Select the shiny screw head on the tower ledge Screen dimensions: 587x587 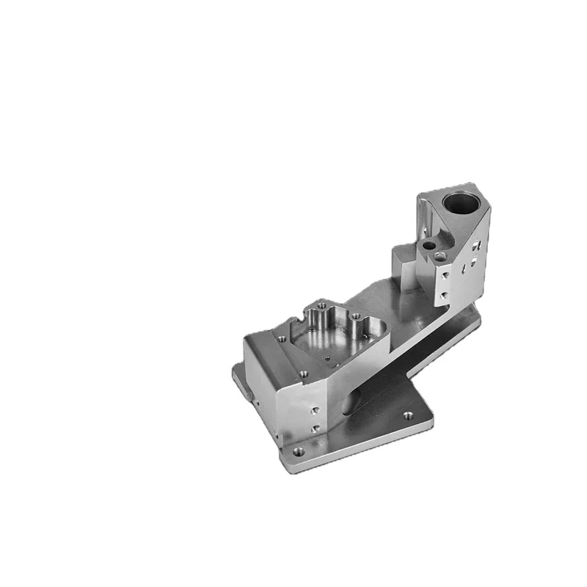[x=439, y=256]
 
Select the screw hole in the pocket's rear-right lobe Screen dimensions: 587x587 [x=355, y=317]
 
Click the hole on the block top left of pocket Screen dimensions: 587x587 [x=281, y=338]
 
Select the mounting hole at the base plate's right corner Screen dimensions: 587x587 [x=409, y=415]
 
